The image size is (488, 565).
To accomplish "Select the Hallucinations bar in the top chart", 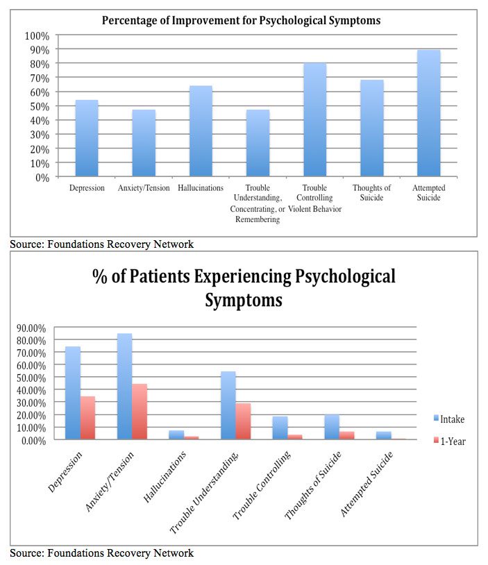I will coord(201,131).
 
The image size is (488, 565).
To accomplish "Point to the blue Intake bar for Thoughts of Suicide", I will coord(332,427).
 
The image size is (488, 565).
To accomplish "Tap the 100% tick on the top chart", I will coord(37,35).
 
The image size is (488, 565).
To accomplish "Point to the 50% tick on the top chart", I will coord(39,106).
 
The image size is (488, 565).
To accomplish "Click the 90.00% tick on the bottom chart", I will coord(31,328).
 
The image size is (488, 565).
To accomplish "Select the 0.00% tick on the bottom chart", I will coord(33,440).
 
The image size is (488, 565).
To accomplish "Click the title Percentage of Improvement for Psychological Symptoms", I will coord(241,20).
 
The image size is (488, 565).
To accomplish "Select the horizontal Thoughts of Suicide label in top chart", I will coord(371,193).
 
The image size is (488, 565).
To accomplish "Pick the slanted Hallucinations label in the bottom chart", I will coord(168,472).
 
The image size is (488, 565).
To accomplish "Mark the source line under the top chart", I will coord(101,244).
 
